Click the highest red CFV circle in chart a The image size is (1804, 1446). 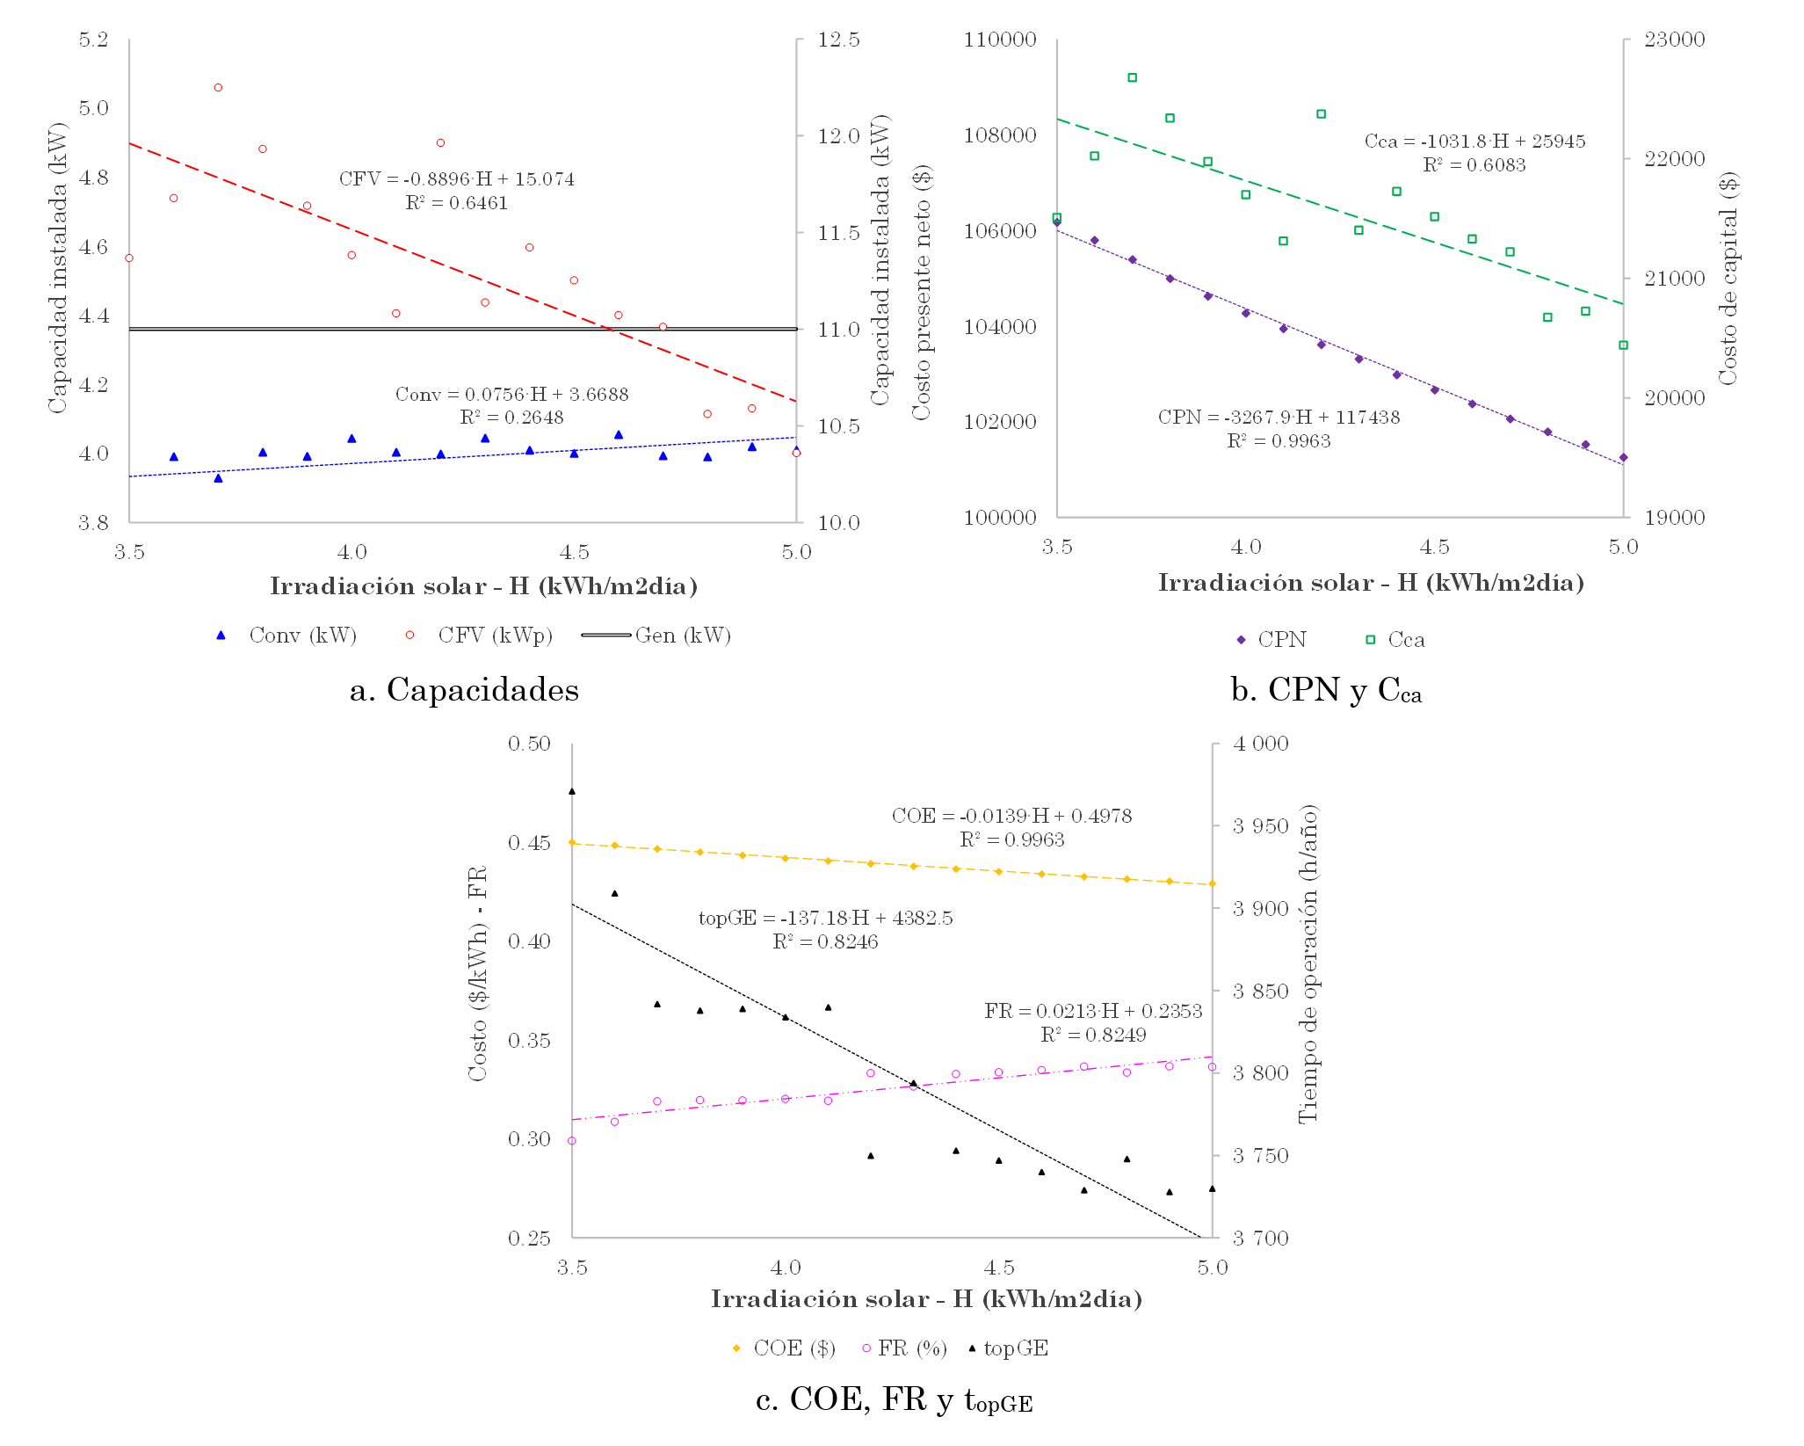(218, 88)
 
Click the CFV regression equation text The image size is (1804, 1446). (456, 179)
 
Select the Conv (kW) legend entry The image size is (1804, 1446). (286, 636)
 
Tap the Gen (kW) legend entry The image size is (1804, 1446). (656, 636)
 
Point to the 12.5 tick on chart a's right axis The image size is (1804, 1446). (838, 40)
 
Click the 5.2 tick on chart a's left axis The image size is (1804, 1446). (93, 40)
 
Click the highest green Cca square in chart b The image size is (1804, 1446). (1133, 78)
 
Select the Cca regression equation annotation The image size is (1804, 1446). (1474, 142)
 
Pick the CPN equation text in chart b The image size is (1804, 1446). (1279, 418)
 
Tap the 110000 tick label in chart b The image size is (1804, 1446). (1000, 40)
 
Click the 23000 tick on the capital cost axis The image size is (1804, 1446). (1674, 40)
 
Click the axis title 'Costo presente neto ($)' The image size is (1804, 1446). (921, 294)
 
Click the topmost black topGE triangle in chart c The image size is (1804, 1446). (572, 791)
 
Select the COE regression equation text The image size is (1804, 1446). (1011, 816)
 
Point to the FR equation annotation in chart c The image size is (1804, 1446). (1093, 1011)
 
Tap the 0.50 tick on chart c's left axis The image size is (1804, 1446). (529, 744)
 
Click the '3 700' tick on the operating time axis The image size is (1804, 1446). (1260, 1239)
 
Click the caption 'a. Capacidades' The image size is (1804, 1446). (464, 690)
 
